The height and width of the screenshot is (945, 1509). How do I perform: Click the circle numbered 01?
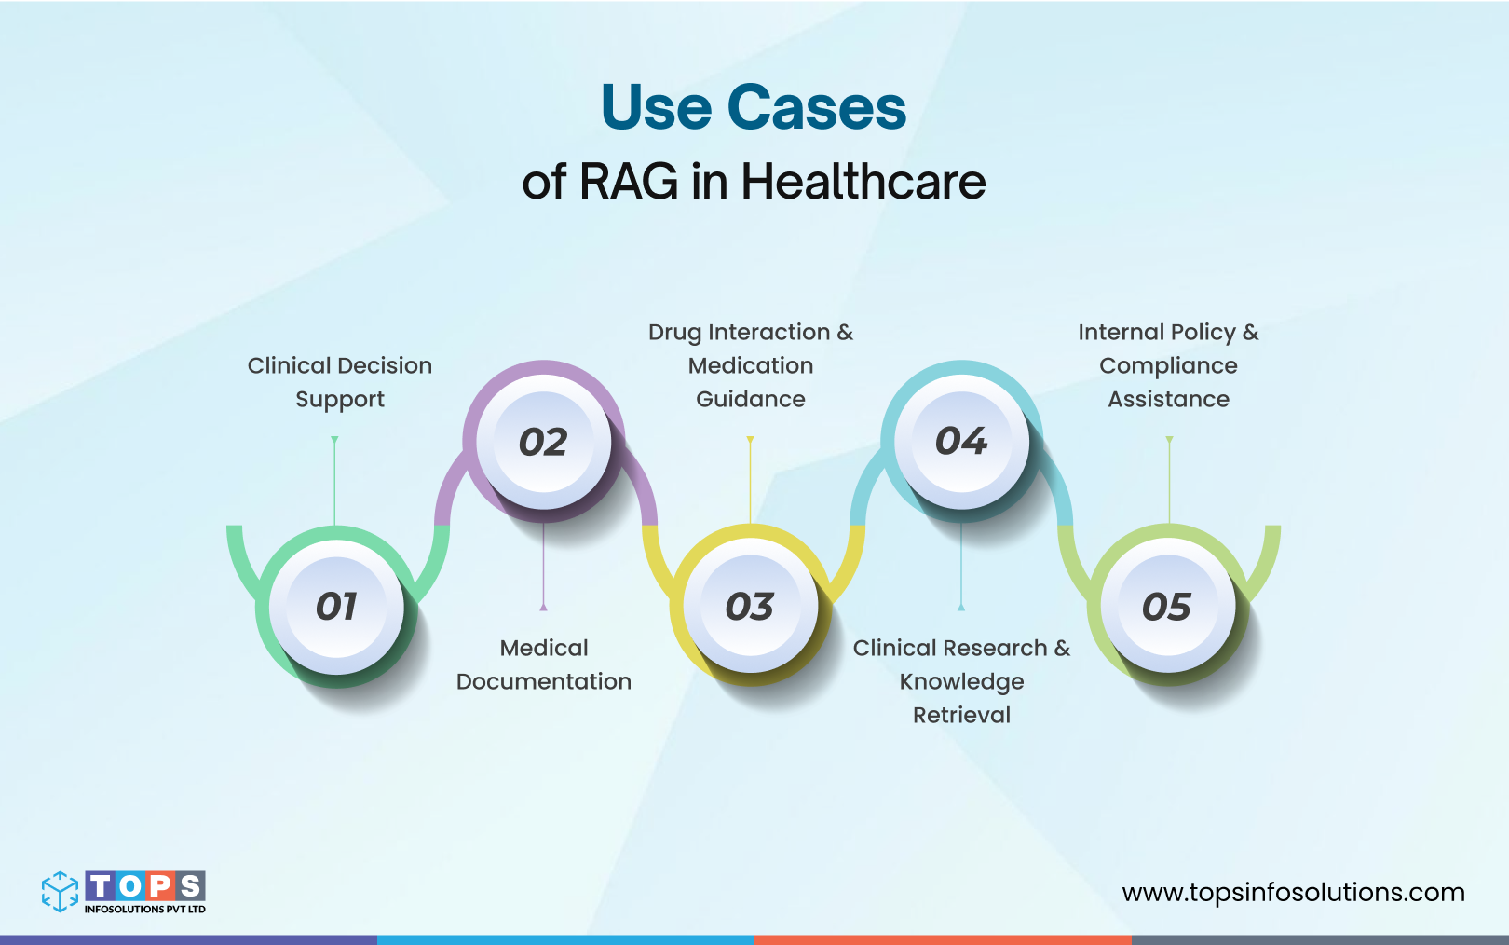pos(336,607)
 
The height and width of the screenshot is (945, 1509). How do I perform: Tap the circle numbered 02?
pos(543,442)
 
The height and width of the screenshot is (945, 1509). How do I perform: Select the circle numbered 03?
pos(750,607)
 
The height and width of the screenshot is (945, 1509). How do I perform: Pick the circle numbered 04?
pos(961,441)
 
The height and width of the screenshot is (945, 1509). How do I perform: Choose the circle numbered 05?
pos(1166,607)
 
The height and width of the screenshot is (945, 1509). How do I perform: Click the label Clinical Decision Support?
pos(340,382)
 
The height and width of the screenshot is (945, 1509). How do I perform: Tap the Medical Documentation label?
pos(544,664)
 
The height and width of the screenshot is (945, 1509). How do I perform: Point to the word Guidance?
pos(751,400)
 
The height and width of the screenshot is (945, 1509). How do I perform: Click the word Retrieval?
pos(961,715)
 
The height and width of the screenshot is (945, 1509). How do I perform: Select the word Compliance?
pos(1168,366)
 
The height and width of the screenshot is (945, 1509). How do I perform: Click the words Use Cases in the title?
pos(754,107)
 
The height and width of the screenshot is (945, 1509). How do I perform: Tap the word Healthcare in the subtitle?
pos(863,182)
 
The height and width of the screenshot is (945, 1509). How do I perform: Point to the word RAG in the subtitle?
pos(629,182)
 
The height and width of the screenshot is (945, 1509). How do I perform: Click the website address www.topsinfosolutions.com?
pos(1293,893)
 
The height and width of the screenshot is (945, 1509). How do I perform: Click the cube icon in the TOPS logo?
pos(61,892)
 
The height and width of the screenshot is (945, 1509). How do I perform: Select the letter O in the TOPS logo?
pos(130,886)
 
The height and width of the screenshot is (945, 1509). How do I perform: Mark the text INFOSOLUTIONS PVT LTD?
pos(145,910)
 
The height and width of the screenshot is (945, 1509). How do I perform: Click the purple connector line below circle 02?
pos(543,564)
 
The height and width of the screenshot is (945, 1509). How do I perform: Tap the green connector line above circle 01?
pos(334,480)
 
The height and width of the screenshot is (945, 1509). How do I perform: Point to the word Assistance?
pos(1168,400)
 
